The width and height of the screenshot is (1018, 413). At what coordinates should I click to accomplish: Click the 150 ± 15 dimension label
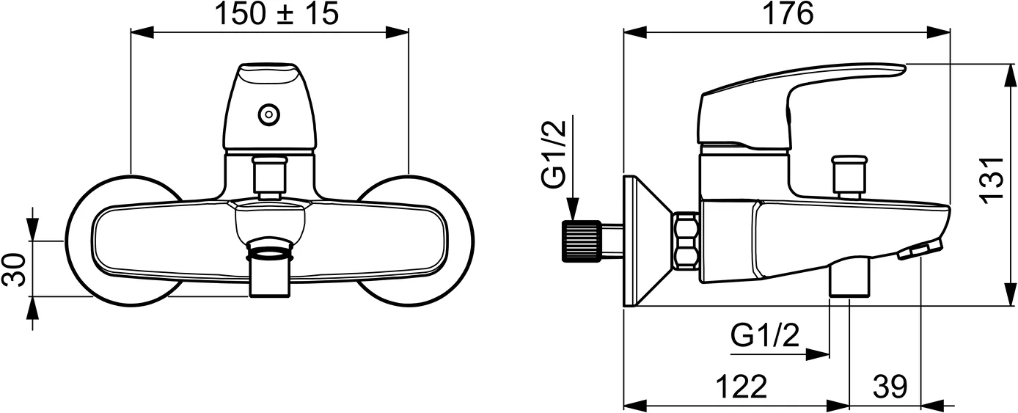coord(277,14)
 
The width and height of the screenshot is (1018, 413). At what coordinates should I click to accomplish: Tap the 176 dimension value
coord(787,14)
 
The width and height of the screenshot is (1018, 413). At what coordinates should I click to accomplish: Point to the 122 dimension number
coord(741,387)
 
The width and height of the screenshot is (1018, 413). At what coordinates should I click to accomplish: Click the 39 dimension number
coord(890,387)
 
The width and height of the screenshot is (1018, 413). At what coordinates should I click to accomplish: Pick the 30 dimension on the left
coord(14,270)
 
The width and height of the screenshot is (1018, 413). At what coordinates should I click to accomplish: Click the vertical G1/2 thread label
coord(554,154)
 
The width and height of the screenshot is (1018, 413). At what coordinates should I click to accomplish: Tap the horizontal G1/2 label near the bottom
coord(765,336)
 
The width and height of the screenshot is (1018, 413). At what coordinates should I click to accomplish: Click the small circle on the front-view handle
coord(268,114)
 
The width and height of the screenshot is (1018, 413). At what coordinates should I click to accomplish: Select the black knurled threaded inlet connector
coord(582,241)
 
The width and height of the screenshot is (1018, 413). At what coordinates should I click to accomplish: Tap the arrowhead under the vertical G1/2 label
coord(574,209)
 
